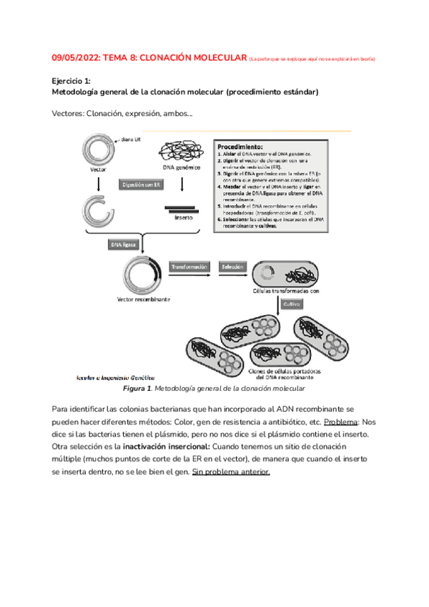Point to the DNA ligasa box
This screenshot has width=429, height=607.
point(123,244)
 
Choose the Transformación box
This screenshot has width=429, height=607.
point(189,267)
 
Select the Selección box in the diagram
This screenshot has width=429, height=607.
point(232,267)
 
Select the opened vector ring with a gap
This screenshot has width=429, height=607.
point(97,209)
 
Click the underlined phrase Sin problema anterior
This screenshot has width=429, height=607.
point(231,472)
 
